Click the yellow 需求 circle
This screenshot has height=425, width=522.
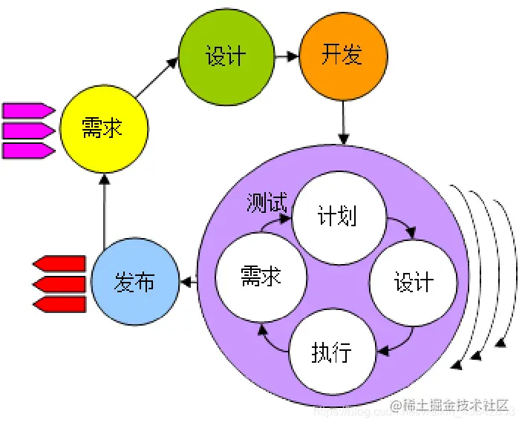click(x=102, y=129)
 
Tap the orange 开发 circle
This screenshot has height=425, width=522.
click(x=343, y=56)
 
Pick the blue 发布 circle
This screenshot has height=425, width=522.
click(x=135, y=282)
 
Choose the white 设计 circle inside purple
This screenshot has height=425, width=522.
click(x=413, y=282)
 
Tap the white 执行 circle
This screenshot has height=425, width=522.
click(x=331, y=351)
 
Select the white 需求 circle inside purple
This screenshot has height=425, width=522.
click(x=261, y=277)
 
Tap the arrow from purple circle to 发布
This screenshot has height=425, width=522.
click(x=189, y=282)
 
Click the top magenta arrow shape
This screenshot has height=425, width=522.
click(x=28, y=111)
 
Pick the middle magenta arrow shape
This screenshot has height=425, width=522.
click(x=28, y=131)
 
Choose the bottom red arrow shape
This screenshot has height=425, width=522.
click(x=59, y=304)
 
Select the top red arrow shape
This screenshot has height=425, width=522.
click(x=59, y=263)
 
